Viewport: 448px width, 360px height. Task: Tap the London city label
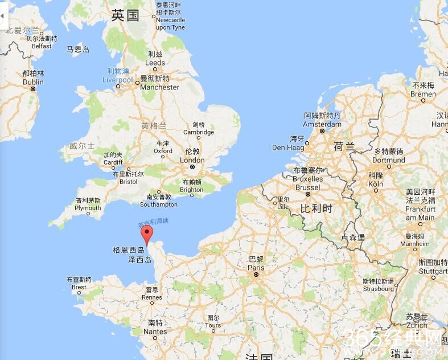click(x=192, y=160)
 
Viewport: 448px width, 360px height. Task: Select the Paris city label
click(x=256, y=268)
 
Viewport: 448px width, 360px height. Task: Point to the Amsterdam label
click(x=322, y=124)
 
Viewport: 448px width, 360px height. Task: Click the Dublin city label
click(x=33, y=81)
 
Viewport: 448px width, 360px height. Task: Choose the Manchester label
click(x=159, y=87)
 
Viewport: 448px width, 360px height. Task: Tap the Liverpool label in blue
click(x=117, y=80)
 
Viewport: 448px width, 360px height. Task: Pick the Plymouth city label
click(x=88, y=208)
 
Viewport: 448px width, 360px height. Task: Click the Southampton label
click(x=159, y=204)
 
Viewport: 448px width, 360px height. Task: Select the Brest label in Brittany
click(x=79, y=287)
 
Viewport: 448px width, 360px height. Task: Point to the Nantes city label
click(x=155, y=332)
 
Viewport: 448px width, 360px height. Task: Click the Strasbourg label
click(x=379, y=289)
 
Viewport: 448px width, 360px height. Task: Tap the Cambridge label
click(x=199, y=132)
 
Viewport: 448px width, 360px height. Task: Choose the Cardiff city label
click(x=113, y=162)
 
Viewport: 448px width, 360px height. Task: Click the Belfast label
click(x=42, y=46)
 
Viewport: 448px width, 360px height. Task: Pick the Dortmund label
click(x=389, y=160)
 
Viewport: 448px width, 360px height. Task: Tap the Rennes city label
click(x=152, y=297)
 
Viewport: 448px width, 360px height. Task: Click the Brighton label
click(x=191, y=190)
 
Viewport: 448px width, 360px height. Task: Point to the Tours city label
click(x=213, y=325)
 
